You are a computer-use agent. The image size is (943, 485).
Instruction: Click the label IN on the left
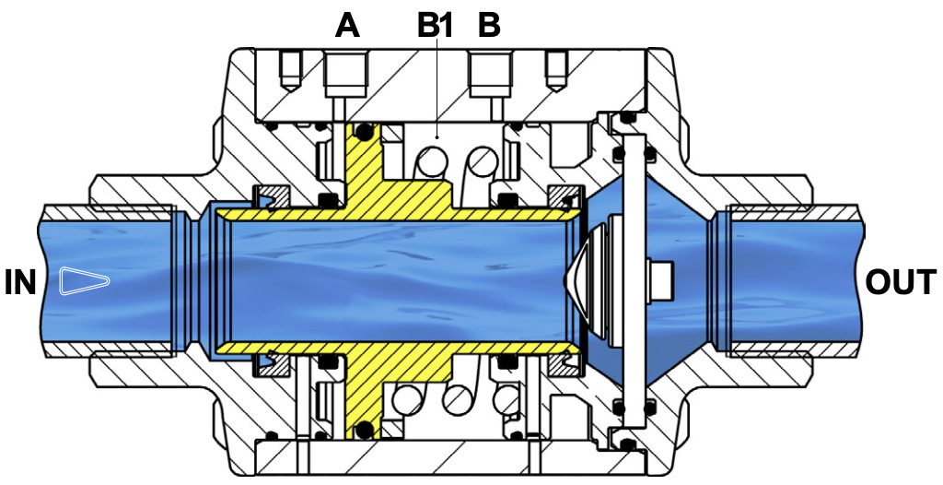(x=20, y=282)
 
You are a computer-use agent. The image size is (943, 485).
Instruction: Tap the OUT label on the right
(x=901, y=282)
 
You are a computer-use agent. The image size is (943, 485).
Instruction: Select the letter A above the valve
(x=347, y=26)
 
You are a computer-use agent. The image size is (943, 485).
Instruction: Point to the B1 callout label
(x=436, y=26)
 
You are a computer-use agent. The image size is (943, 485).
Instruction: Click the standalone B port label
(x=488, y=26)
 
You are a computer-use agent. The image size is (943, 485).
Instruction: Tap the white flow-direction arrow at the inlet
(x=84, y=281)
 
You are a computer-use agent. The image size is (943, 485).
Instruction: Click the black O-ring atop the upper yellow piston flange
(x=363, y=131)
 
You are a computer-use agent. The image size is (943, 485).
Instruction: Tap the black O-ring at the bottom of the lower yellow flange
(x=363, y=431)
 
